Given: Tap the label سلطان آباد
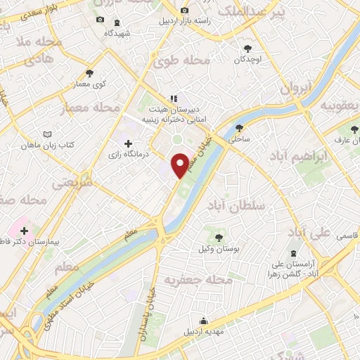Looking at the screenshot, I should point(233,205).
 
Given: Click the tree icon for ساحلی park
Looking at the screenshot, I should point(240,127).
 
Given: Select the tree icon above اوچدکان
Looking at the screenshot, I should point(247,49).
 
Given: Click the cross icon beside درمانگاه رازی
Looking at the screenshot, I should point(127,143).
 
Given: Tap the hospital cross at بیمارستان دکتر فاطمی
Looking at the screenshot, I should point(25,230).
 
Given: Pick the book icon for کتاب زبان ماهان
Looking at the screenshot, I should point(47,134).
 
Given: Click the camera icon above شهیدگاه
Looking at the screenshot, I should point(100,20).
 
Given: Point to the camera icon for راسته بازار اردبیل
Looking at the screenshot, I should point(184,11).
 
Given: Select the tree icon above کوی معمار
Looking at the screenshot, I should point(89,72).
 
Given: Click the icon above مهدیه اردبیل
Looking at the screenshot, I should point(203,321).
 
